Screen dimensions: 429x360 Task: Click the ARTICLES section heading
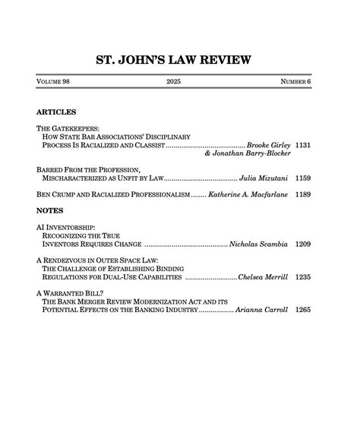[56, 112]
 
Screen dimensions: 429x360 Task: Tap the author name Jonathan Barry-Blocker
[248, 153]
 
